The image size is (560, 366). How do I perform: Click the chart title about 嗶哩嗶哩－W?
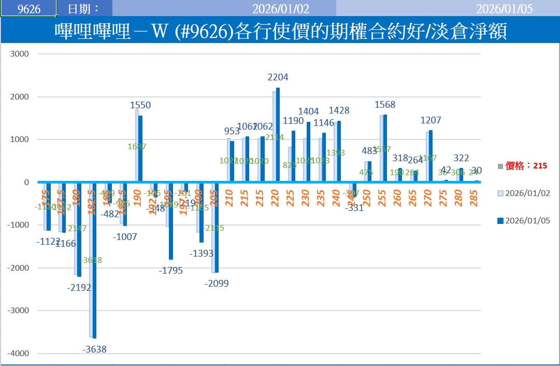pyautogui.click(x=280, y=32)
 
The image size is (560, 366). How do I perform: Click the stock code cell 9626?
pyautogui.click(x=28, y=9)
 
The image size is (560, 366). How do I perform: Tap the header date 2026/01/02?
pyautogui.click(x=273, y=9)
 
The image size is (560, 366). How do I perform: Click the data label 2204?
pyautogui.click(x=278, y=77)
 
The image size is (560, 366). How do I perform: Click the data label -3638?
pyautogui.click(x=94, y=349)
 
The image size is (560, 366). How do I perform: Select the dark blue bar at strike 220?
pyautogui.click(x=278, y=135)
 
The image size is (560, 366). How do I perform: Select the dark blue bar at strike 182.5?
pyautogui.click(x=94, y=260)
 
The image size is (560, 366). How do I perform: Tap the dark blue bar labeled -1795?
pyautogui.click(x=171, y=220)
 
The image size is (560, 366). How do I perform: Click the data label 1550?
pyautogui.click(x=140, y=105)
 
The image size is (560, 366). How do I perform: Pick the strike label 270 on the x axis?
pyautogui.click(x=427, y=198)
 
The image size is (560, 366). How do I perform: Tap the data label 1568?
pyautogui.click(x=384, y=105)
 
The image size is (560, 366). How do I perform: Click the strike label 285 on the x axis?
pyautogui.click(x=473, y=198)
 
